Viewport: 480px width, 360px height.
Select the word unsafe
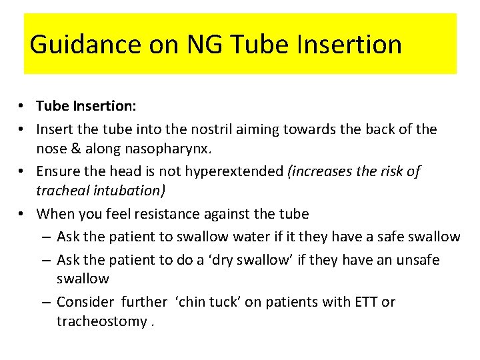[x=417, y=259]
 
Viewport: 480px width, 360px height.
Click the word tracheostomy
[x=101, y=321]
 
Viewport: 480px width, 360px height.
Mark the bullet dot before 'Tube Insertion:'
[x=23, y=107]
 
